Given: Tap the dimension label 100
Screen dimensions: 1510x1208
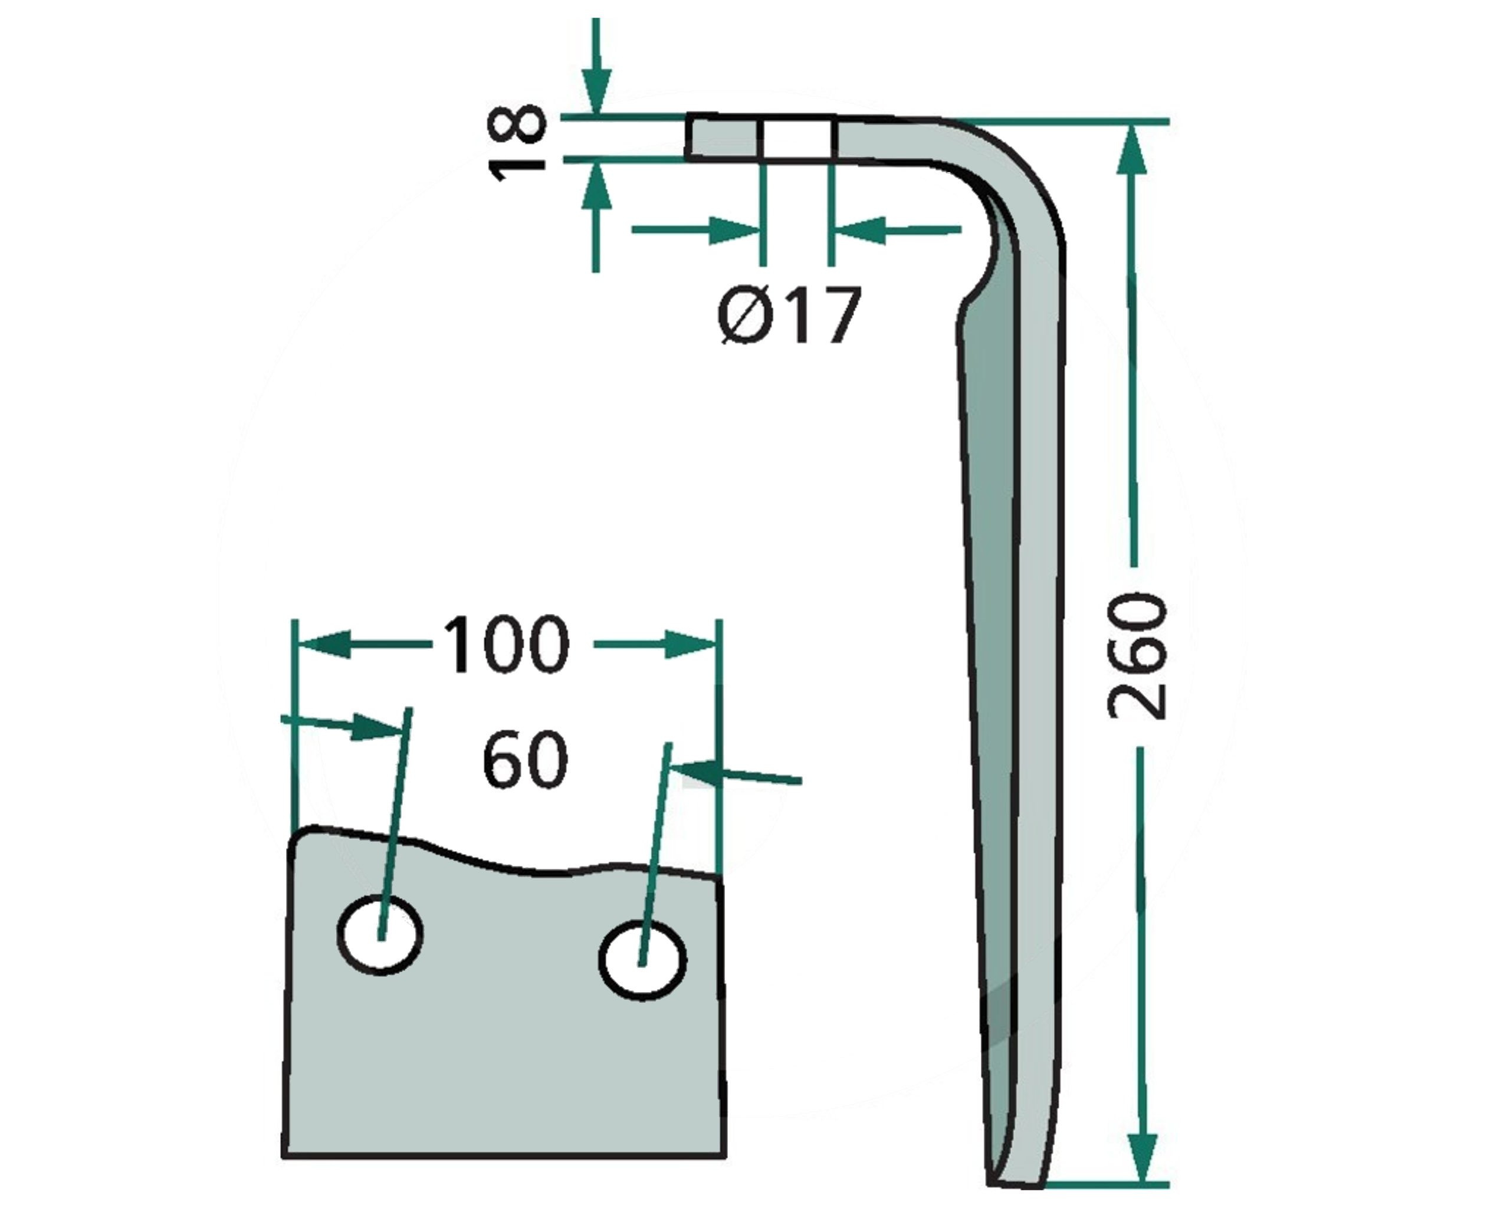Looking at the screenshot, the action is pyautogui.click(x=505, y=644).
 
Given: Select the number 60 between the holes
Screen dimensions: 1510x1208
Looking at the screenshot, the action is pyautogui.click(x=526, y=759).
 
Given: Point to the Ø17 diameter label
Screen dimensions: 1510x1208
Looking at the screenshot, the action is pyautogui.click(x=789, y=316).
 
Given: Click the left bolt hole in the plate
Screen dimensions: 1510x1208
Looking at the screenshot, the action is pyautogui.click(x=380, y=934).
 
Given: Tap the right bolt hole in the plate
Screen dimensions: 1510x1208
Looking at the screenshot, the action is pyautogui.click(x=642, y=960).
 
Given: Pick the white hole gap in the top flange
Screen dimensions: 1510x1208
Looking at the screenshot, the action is pyautogui.click(x=796, y=138).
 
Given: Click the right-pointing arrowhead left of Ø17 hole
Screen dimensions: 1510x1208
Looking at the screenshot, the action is pyautogui.click(x=734, y=231).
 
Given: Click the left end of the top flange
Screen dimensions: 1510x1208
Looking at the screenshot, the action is pyautogui.click(x=687, y=137).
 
